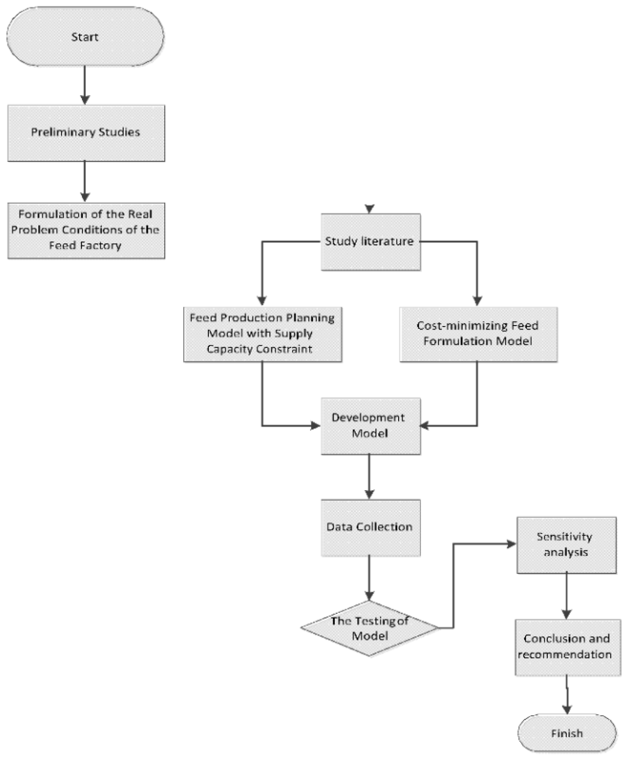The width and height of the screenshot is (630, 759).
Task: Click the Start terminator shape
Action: [85, 37]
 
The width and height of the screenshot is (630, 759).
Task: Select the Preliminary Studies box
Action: [86, 133]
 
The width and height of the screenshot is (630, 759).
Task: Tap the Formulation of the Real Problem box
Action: [86, 230]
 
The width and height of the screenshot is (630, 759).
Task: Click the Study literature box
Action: [370, 242]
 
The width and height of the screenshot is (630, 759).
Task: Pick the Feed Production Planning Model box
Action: [263, 334]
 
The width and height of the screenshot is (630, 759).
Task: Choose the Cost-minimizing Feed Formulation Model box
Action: [478, 334]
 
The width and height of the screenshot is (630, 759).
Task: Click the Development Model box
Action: [370, 426]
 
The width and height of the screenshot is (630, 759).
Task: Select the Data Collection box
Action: [370, 527]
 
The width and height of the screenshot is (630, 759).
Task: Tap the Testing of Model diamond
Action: [369, 628]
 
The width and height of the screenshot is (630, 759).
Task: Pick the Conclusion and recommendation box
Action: [567, 647]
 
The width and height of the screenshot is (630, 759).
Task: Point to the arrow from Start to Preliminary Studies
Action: [85, 85]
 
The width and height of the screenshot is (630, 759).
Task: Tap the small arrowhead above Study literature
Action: [369, 208]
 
